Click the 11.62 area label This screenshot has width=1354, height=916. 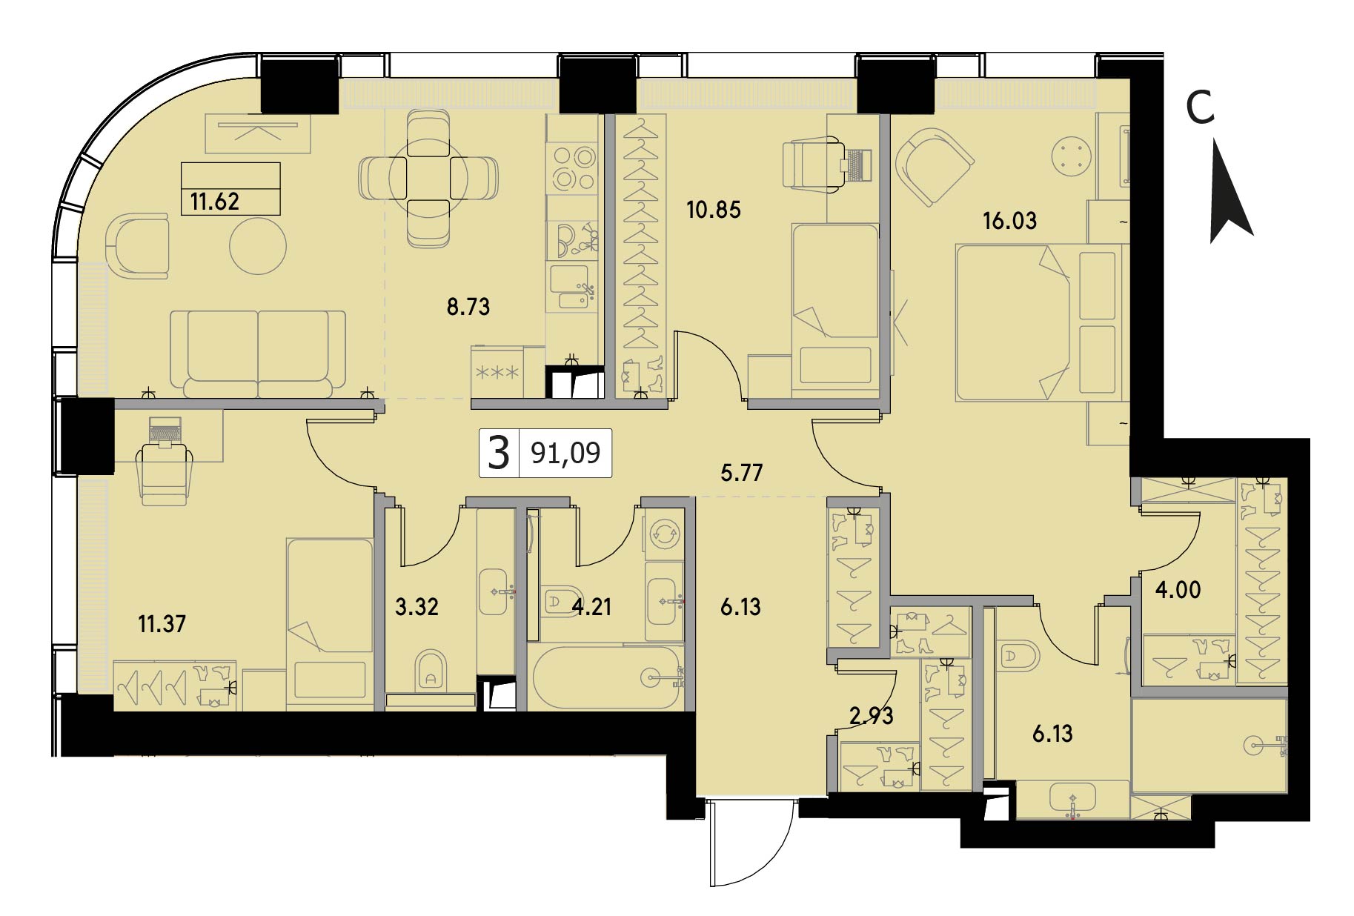point(215,201)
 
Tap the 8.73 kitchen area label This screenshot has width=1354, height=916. point(468,307)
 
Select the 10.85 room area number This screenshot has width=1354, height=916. point(714,210)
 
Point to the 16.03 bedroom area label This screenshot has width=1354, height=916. point(1009,221)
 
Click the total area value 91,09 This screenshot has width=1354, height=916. point(565,452)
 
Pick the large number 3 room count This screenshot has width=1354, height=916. point(500,453)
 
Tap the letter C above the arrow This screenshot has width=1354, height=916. point(1201,108)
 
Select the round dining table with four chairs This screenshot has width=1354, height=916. point(428,179)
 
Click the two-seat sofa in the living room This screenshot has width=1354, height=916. point(258,353)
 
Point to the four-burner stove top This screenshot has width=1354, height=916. point(573,168)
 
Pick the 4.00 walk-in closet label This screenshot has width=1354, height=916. point(1178,590)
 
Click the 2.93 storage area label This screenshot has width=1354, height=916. point(872,716)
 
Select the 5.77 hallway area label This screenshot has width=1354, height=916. point(742,473)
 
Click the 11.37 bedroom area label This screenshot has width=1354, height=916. point(162,624)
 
